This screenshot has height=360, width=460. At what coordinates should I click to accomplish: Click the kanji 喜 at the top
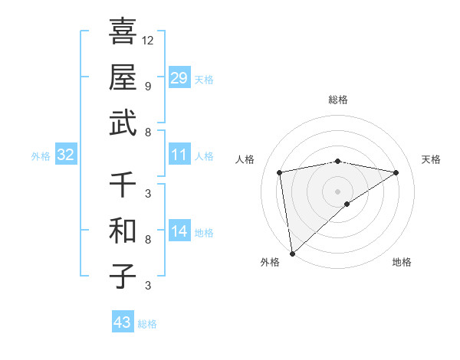[122, 31]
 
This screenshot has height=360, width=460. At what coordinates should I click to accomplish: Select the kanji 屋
[122, 77]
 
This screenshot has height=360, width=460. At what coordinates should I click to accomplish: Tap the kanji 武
[122, 123]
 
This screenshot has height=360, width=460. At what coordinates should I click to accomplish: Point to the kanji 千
[122, 184]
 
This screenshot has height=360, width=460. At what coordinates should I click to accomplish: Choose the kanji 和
[122, 230]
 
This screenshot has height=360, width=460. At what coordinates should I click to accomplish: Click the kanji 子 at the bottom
[122, 276]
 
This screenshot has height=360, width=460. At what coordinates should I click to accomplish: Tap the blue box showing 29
[179, 78]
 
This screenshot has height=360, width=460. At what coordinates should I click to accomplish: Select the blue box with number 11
[179, 155]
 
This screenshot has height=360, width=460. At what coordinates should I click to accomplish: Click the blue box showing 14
[179, 231]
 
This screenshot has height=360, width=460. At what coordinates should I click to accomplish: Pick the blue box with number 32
[65, 155]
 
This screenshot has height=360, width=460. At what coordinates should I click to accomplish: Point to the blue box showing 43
[122, 322]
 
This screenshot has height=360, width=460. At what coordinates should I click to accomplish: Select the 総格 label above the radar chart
[337, 100]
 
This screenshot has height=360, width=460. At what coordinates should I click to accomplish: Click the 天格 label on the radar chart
[431, 159]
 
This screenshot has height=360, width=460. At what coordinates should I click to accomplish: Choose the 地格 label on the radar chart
[402, 262]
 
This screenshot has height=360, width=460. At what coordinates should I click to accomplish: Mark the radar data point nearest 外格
[292, 253]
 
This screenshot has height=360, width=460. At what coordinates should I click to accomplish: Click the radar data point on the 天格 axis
[396, 172]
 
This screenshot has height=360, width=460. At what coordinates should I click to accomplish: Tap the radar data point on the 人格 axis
[280, 172]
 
